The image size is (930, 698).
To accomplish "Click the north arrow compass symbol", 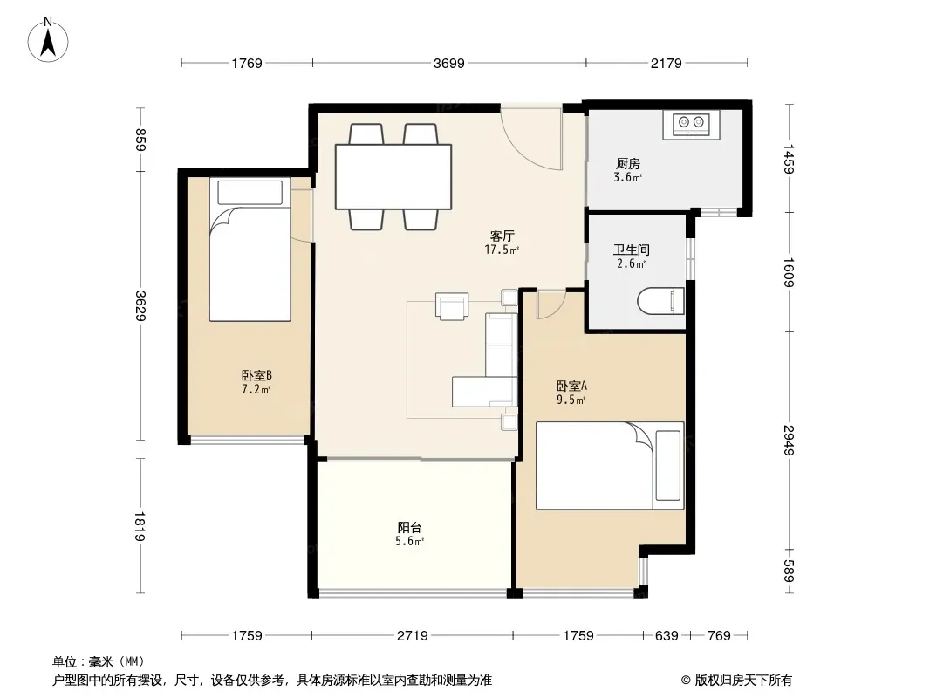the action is [x=48, y=40].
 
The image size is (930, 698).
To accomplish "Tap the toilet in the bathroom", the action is [x=660, y=301].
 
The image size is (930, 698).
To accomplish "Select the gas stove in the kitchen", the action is [x=691, y=125].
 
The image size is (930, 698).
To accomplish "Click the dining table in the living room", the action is [x=393, y=177].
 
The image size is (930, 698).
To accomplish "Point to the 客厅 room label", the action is [x=502, y=236].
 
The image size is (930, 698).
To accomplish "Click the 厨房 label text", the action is [x=627, y=163].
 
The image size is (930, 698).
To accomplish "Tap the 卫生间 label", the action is [x=631, y=250].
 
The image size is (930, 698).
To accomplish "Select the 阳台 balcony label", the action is [x=409, y=527].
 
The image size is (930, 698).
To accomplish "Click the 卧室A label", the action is [x=571, y=386].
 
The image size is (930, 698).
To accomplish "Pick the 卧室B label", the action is [x=256, y=375].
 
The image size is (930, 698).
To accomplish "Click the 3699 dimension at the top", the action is [x=449, y=63].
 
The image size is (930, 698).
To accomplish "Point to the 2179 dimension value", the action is [x=666, y=63].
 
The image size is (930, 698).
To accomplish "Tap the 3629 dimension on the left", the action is [x=140, y=306].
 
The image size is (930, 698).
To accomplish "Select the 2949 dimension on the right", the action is [x=789, y=440].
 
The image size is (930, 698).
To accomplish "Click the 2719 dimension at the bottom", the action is [x=412, y=636].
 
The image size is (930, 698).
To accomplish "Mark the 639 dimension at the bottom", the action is [x=667, y=636].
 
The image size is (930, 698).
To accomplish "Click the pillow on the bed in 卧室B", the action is [x=250, y=193].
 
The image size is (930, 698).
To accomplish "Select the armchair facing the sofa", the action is [x=452, y=306].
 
